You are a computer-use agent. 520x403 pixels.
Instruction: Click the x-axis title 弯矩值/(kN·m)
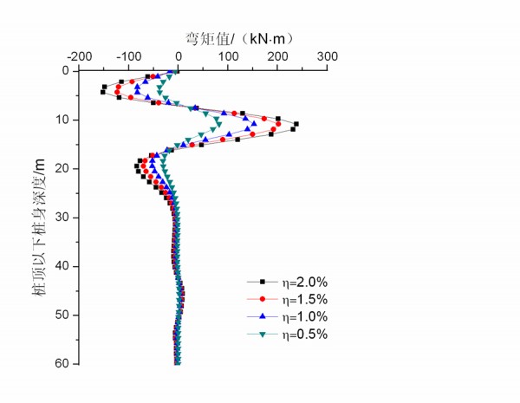pos(234,37)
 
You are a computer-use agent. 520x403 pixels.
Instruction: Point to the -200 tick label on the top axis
pos(80,56)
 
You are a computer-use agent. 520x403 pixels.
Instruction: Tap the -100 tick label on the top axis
pos(128,56)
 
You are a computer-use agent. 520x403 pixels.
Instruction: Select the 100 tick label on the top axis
pos(228,56)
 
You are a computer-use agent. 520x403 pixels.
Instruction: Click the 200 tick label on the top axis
pos(277,56)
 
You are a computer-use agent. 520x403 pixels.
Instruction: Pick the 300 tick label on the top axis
pos(327,56)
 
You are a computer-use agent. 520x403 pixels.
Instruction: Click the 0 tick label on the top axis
pos(179,56)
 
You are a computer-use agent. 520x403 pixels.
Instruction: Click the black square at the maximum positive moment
pos(296,124)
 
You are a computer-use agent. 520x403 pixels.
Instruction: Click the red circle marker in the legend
pos(261,299)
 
